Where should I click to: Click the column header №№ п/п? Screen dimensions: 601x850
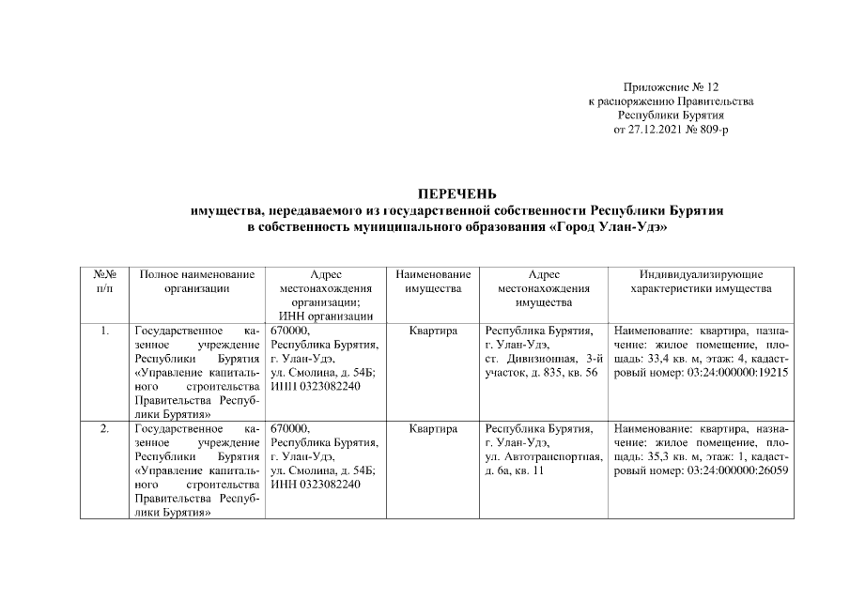click(x=105, y=281)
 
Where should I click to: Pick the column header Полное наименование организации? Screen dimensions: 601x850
click(x=196, y=281)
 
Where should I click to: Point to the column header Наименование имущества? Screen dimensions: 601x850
click(x=433, y=281)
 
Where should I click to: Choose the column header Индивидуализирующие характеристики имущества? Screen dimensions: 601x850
click(x=703, y=281)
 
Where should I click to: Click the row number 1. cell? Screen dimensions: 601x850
click(x=105, y=331)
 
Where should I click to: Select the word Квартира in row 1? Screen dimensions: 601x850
click(x=433, y=331)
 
